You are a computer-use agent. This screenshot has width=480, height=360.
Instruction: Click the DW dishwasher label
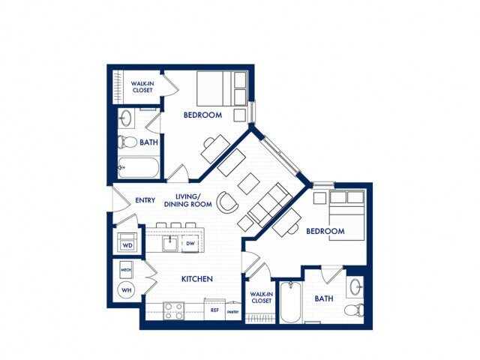coord(190,244)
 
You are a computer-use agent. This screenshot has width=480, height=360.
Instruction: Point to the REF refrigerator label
coord(214,309)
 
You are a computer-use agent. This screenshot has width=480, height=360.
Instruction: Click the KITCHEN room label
coord(197,279)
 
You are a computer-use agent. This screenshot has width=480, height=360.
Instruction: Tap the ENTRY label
coord(145,200)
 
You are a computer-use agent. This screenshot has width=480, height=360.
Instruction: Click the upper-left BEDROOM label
coord(202,115)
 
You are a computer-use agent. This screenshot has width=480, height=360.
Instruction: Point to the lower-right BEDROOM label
coord(325,231)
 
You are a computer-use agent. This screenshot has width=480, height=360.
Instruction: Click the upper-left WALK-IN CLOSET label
coord(142,87)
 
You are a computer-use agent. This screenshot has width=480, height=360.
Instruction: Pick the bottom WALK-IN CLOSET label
coord(260,298)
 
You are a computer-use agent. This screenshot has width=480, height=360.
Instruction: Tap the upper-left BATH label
coord(148,141)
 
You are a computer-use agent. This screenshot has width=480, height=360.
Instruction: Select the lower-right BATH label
coord(324,298)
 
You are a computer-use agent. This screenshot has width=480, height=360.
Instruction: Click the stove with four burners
coord(174,310)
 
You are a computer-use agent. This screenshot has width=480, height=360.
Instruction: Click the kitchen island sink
coord(171,243)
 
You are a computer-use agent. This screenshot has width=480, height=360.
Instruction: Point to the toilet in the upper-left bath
coord(127,142)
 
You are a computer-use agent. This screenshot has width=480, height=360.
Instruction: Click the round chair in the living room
coord(226,201)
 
